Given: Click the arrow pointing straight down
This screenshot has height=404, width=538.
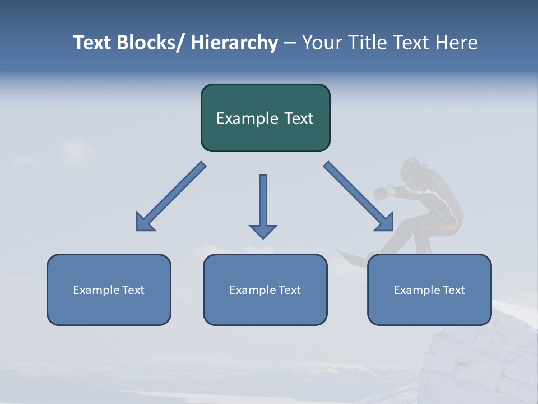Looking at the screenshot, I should click(x=263, y=205).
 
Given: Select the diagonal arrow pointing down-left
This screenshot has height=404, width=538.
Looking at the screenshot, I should click(x=171, y=196).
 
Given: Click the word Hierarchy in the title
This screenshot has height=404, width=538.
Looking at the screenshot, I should click(x=234, y=43).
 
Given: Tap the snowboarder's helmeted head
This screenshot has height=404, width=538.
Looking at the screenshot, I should click(x=414, y=168).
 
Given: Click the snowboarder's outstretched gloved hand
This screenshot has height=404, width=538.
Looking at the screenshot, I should click(x=382, y=193).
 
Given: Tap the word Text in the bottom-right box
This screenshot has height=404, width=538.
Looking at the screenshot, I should click(x=453, y=290).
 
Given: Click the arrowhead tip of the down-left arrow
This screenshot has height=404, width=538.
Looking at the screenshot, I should click(x=138, y=229).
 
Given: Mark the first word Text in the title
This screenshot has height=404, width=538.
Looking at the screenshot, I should click(x=92, y=43).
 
